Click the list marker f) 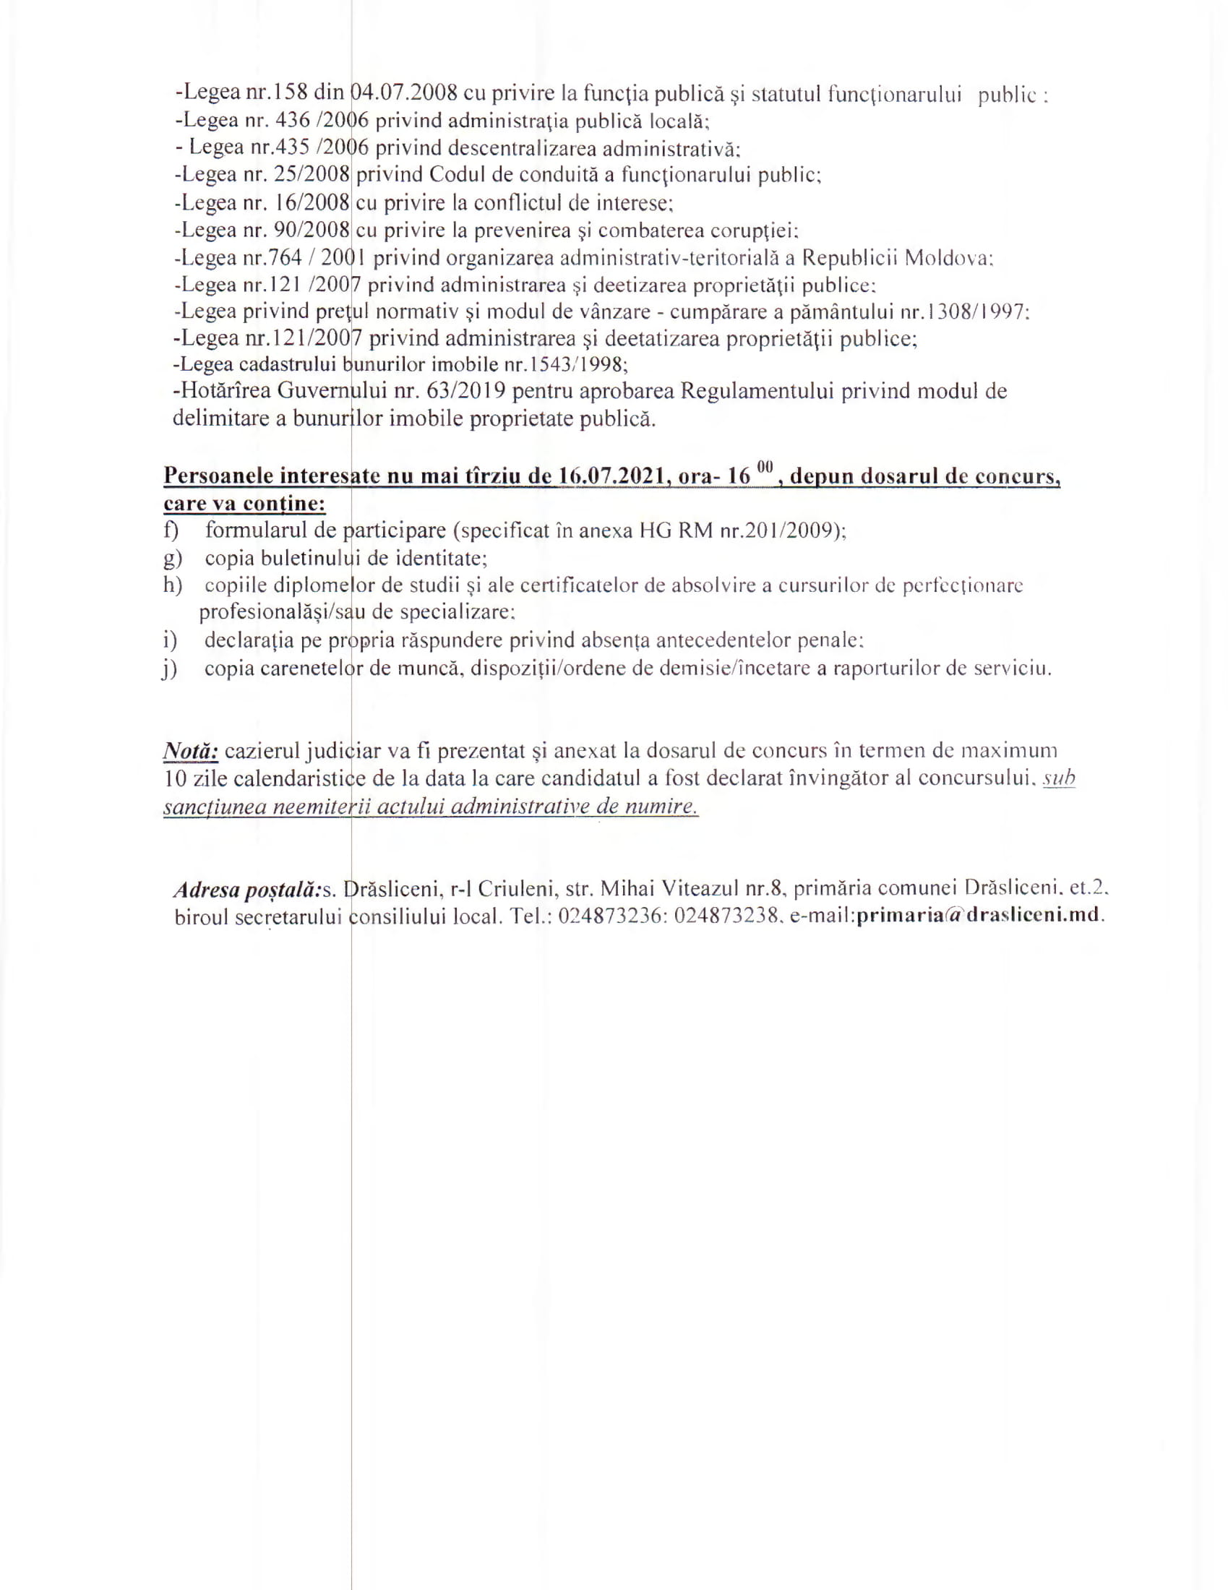(172, 530)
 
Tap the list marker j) (170, 669)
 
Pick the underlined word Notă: (191, 751)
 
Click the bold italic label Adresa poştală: (247, 889)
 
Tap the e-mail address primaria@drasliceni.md (978, 916)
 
